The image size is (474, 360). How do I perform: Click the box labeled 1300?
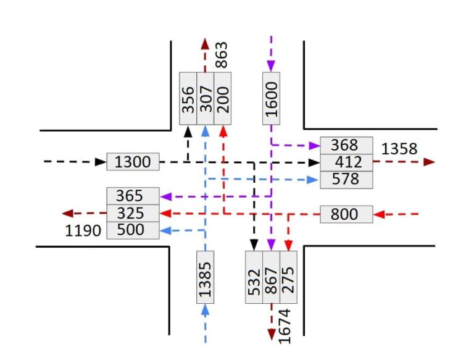[x=133, y=162]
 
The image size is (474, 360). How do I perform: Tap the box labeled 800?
[x=346, y=214]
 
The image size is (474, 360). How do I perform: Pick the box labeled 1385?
[x=206, y=277]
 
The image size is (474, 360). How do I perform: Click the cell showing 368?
[x=346, y=145]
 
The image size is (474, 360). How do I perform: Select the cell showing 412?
[x=346, y=162]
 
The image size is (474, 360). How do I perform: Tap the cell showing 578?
[x=346, y=179]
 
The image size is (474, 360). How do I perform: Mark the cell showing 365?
[x=133, y=196]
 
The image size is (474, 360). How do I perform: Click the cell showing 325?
[x=133, y=213]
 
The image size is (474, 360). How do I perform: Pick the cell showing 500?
[x=133, y=230]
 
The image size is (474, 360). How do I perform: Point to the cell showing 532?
[x=254, y=277]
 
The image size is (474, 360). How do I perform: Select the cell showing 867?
[x=271, y=277]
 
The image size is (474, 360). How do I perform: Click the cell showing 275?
[x=288, y=277]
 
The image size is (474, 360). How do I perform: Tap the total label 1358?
[x=399, y=149]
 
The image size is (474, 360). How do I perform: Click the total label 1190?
[x=83, y=231]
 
